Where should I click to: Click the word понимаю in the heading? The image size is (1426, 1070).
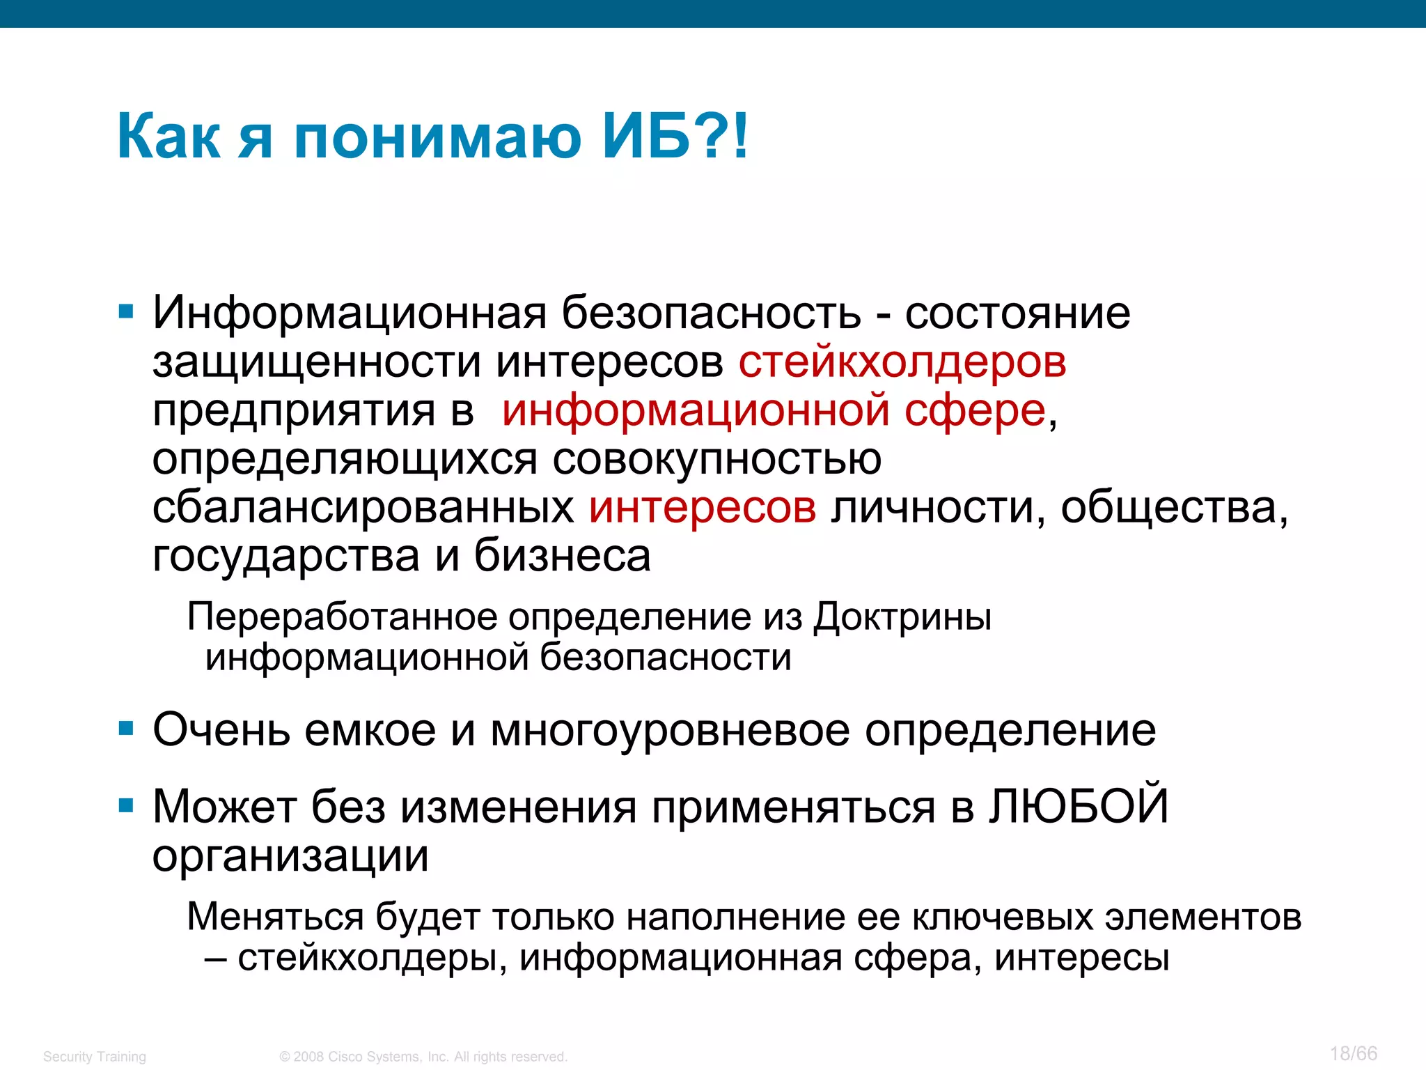[437, 137]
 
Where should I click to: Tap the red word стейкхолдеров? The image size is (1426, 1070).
[902, 362]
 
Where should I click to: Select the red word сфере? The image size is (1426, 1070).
[975, 410]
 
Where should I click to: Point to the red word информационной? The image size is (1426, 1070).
[696, 410]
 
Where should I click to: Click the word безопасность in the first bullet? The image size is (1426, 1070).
[711, 313]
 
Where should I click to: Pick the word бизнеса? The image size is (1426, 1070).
[563, 556]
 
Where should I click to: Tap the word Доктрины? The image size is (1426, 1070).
[902, 618]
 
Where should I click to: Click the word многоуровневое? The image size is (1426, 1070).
[670, 730]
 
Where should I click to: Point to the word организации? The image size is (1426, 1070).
[290, 855]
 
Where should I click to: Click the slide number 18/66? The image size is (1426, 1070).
[1353, 1053]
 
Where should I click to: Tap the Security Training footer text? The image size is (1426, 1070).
[95, 1057]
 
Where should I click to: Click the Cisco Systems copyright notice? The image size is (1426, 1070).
[423, 1057]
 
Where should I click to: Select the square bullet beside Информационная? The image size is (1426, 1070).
[126, 311]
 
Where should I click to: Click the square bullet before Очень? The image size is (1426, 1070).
[126, 729]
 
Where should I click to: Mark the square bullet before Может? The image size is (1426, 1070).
[126, 806]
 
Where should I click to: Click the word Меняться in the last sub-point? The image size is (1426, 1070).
[275, 917]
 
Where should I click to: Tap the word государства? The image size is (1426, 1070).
[286, 556]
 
